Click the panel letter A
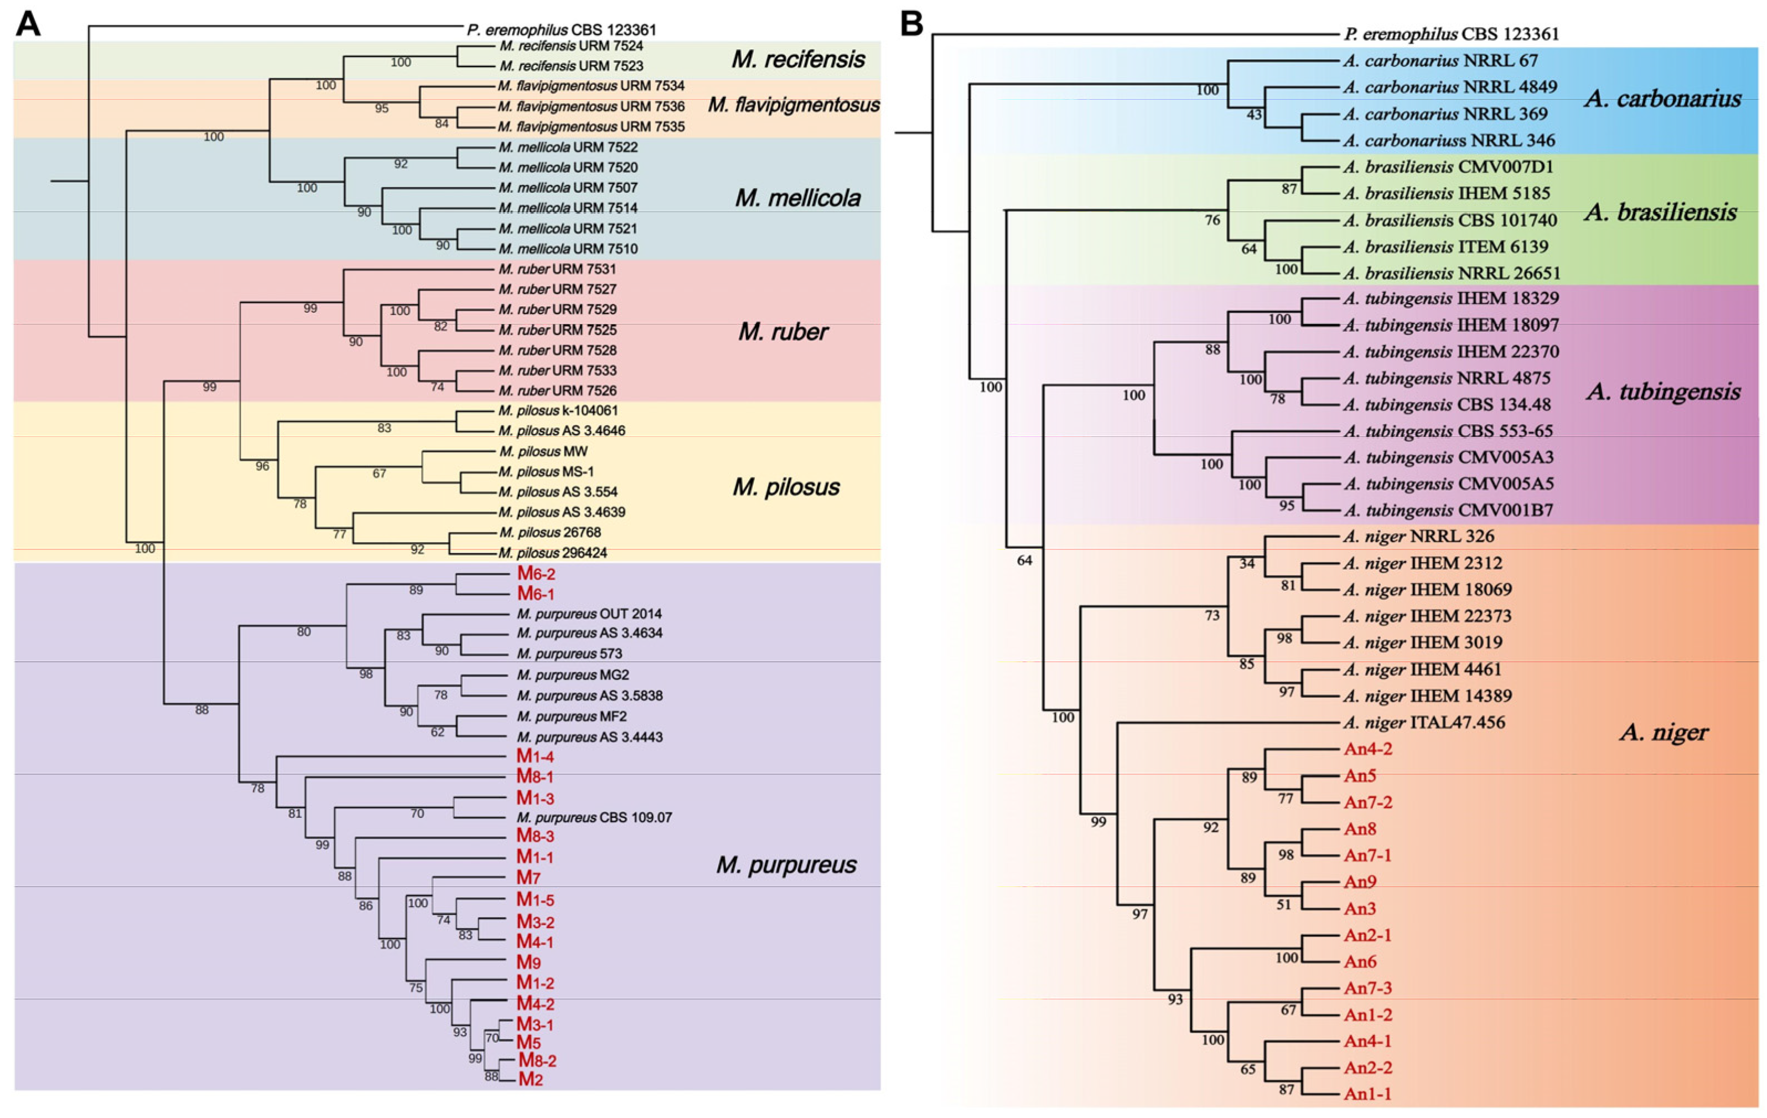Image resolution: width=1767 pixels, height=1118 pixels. [28, 24]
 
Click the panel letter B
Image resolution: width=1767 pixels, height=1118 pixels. [911, 24]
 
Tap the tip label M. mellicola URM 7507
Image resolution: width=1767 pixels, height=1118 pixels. [568, 188]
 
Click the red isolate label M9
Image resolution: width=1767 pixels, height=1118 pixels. [528, 962]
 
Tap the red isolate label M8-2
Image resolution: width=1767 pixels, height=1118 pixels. [537, 1060]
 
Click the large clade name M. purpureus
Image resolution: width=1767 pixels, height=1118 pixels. [786, 865]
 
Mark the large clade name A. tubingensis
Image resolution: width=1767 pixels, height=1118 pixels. [1663, 391]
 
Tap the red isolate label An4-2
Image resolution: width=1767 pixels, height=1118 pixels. [1368, 749]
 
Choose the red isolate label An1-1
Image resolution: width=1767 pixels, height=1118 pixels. [1368, 1094]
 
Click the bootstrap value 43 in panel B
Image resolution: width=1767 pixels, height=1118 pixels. [1253, 115]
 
